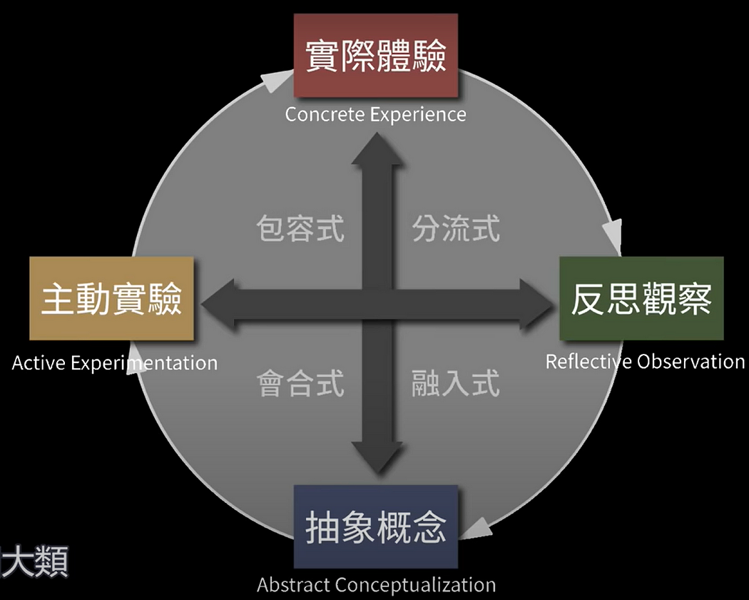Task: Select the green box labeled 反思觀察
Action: pos(641,298)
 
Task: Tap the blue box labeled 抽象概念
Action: pos(375,527)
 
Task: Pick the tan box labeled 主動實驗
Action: pos(112,298)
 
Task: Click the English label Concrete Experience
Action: pos(375,114)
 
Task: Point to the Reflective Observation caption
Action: pos(645,361)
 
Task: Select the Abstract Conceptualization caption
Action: pos(376,585)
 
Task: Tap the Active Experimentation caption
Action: pos(115,362)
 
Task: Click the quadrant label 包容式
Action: pos(300,230)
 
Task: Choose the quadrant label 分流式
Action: pos(456,230)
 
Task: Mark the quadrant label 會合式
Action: pos(300,384)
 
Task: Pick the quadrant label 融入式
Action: pos(456,384)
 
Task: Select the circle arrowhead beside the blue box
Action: pos(479,529)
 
